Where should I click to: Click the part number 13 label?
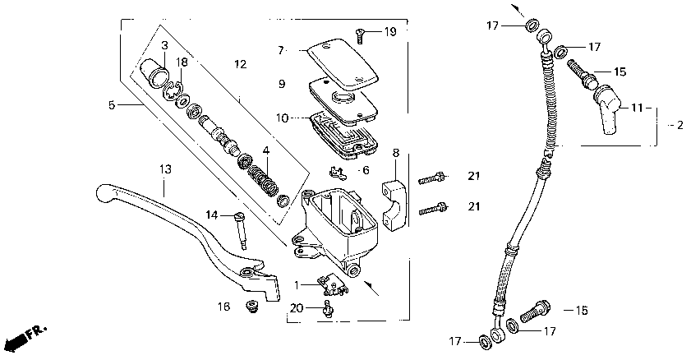[x=165, y=169]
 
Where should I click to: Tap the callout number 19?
[x=389, y=32]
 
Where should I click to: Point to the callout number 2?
[x=679, y=125]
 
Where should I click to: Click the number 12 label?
[x=240, y=64]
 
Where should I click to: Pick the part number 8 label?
[x=395, y=153]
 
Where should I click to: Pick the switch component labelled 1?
[x=329, y=282]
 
